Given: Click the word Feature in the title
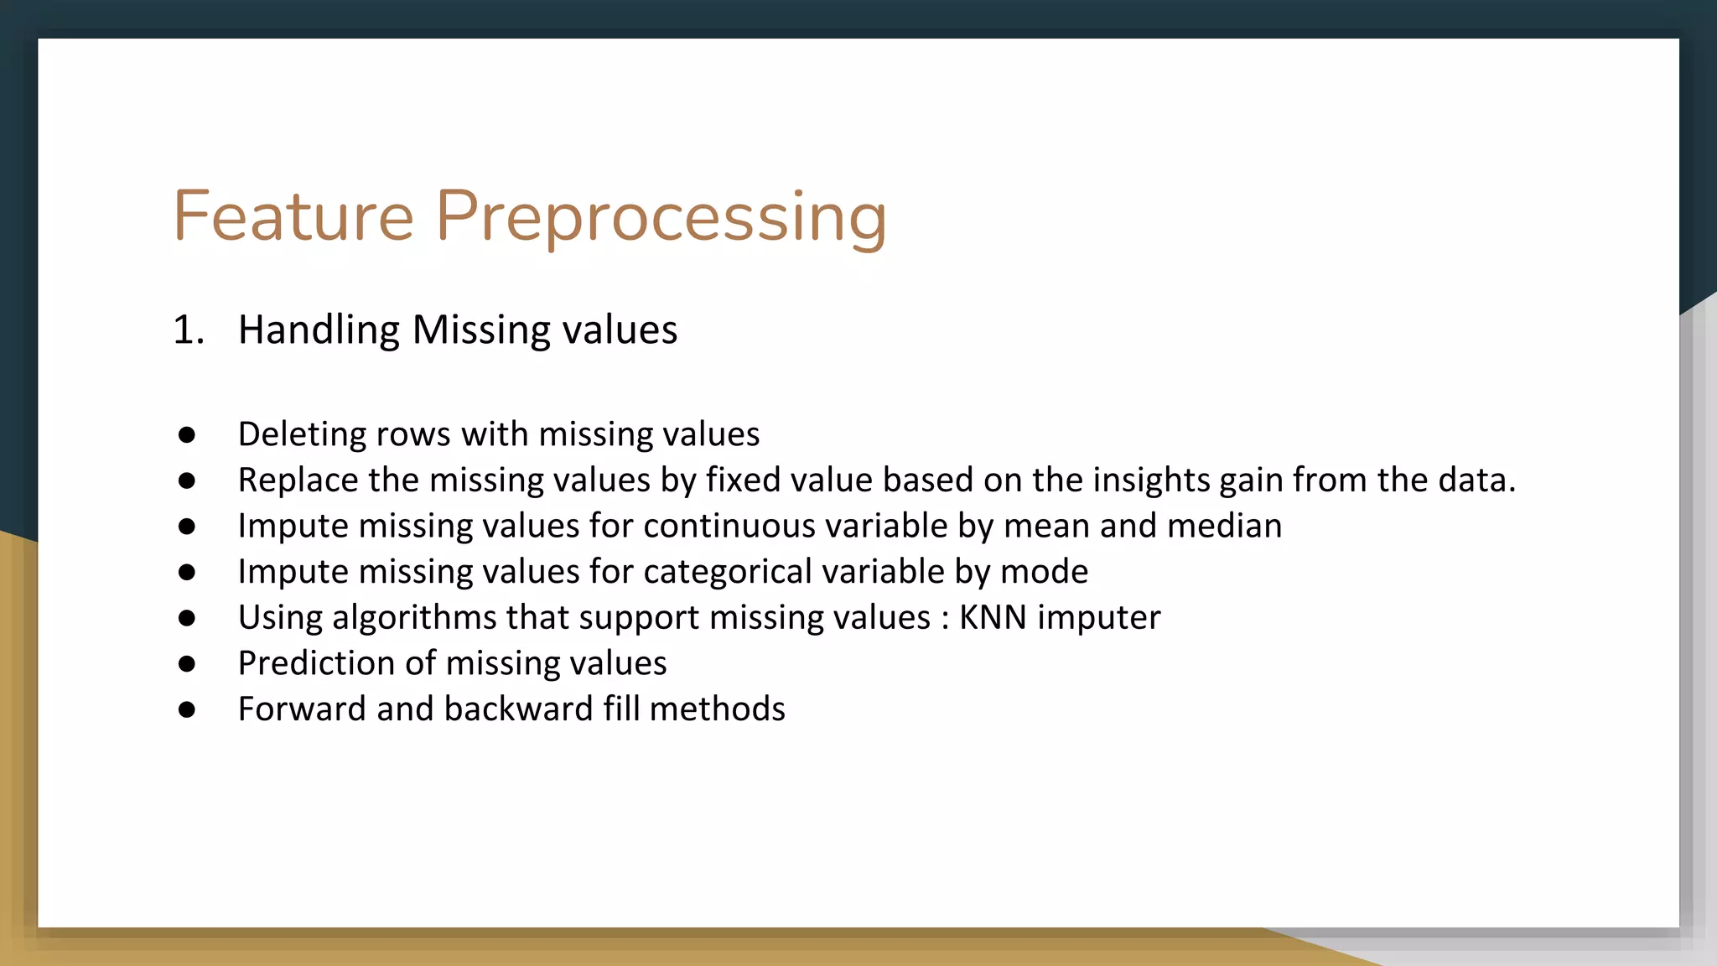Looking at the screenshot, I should tap(293, 216).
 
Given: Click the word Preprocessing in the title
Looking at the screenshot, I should tap(661, 218).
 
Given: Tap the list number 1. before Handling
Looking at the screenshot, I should tap(189, 330).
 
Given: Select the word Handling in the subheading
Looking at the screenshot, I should tap(319, 330).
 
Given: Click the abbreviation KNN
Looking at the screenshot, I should tap(993, 617).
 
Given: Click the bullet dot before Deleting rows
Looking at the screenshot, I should tap(187, 434).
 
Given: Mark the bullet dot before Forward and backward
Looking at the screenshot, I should tap(187, 709).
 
